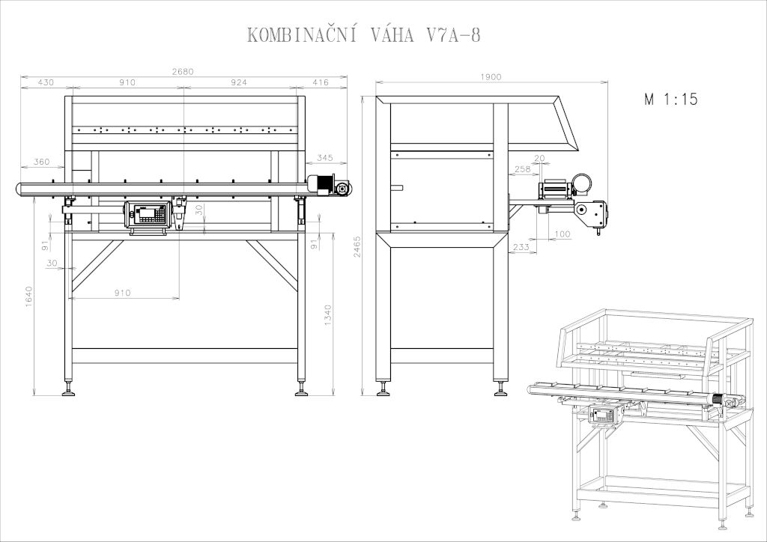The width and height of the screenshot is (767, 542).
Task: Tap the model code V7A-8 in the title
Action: coord(454,35)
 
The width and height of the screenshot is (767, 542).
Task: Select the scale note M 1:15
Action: coord(670,100)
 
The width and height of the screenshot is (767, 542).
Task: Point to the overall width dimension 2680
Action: coord(183,71)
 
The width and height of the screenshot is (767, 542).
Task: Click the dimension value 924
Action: coord(239,82)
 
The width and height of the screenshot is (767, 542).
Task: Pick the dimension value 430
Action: coord(46,82)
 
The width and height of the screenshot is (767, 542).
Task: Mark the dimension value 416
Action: coord(321,82)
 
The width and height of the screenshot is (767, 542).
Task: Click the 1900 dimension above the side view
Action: coord(491,76)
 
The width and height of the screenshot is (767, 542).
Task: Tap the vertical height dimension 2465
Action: coord(357,247)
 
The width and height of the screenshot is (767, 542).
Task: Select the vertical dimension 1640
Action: coord(29,296)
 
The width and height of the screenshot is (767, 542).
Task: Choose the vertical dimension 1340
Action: coord(328,315)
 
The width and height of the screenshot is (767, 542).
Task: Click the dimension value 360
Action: coord(42,162)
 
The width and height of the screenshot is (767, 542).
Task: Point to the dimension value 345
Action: coord(325,158)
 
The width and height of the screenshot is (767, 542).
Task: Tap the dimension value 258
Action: coord(522,169)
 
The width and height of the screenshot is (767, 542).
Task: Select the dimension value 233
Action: coord(521,247)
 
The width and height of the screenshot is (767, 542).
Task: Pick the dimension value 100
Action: coord(563,234)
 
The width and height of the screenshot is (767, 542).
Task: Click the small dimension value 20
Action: coord(539,159)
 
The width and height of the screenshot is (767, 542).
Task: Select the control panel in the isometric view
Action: coord(602,415)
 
